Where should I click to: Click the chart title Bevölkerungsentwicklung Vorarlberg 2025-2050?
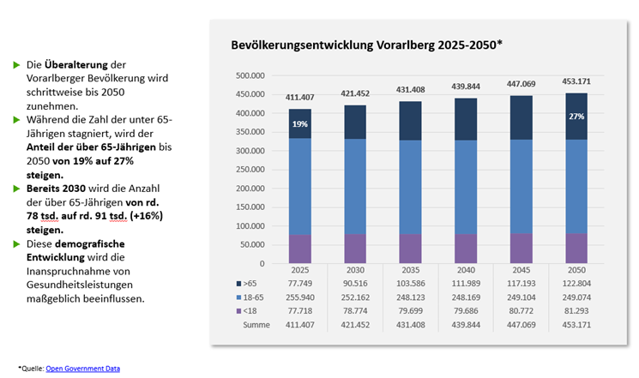click(x=366, y=45)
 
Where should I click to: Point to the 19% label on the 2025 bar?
click(x=299, y=124)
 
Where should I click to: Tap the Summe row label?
click(x=256, y=325)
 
